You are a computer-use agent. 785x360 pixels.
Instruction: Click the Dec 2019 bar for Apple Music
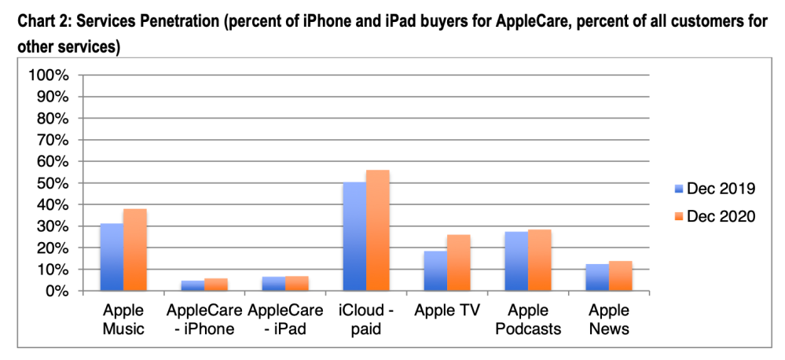point(112,258)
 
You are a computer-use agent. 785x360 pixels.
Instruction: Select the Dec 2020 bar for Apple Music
point(134,250)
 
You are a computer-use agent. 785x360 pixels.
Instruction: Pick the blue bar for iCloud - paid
point(354,237)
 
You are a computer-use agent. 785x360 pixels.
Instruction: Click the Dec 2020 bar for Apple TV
point(458,263)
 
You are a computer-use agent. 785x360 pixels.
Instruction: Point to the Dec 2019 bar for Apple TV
point(435,271)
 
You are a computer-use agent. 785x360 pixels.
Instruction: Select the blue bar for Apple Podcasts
point(516,262)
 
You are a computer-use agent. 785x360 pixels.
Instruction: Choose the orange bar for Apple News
point(620,276)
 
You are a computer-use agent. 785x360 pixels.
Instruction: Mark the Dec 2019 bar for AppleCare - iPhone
point(193,286)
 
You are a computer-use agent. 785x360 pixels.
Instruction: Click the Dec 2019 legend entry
point(713,189)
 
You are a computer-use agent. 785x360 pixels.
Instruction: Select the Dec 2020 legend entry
point(713,215)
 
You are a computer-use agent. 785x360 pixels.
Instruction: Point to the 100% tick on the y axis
point(53,75)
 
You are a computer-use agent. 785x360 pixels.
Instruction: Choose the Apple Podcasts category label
point(528,319)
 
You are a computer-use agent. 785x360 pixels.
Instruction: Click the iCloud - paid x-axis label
point(366,319)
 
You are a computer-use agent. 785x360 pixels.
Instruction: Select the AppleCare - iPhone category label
point(204,319)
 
